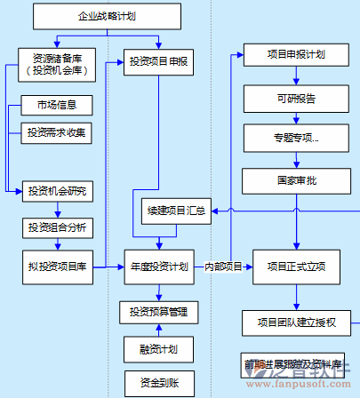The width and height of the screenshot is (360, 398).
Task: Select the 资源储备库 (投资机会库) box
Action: [x=57, y=64]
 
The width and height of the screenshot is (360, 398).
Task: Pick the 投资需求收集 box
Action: [x=57, y=133]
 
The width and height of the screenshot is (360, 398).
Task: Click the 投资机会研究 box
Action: [x=57, y=191]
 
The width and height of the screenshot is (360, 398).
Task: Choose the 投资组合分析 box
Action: [x=57, y=228]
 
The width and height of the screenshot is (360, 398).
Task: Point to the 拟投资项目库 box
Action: [x=57, y=266]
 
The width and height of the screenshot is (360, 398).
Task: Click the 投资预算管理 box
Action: [x=158, y=312]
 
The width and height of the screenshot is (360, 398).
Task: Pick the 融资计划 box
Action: [x=158, y=348]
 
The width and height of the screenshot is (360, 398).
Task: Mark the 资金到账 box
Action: [x=158, y=383]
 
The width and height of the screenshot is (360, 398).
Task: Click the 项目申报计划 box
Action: [x=296, y=54]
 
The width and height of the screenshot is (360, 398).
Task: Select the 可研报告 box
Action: [x=296, y=98]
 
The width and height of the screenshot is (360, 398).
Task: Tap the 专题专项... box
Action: [x=296, y=139]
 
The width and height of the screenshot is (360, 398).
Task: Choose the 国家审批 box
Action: [x=296, y=179]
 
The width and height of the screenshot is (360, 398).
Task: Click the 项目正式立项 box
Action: [x=296, y=266]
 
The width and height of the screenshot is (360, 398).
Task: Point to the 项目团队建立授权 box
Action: [x=296, y=322]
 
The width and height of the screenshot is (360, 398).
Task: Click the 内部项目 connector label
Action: [x=223, y=266]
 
